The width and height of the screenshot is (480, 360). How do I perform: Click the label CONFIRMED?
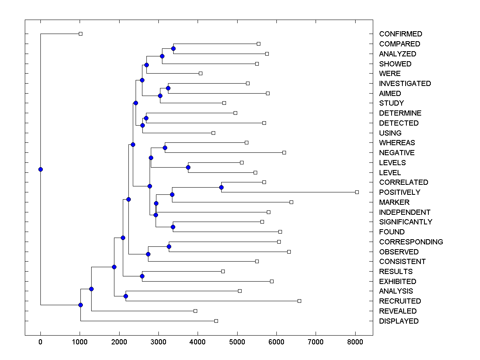point(400,34)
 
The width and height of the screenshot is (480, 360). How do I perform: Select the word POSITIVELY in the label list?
point(400,192)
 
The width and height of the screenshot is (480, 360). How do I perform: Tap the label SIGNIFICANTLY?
point(406,222)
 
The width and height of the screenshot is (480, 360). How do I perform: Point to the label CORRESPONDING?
point(411,242)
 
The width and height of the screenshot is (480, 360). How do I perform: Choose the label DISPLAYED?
point(399,321)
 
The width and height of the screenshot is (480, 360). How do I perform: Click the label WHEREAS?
point(397,143)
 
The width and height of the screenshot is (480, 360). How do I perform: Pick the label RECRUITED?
point(400,301)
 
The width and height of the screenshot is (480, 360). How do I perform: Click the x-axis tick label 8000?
point(355,342)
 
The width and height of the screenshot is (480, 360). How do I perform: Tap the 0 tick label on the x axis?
point(40,342)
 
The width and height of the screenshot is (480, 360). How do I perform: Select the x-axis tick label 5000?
point(237,342)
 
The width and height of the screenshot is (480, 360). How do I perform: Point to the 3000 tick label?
point(158,342)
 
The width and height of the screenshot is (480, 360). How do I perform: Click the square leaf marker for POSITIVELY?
point(357,192)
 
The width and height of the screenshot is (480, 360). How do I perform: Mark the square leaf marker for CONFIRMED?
point(80,34)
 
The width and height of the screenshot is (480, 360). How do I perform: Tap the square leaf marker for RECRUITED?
point(299,301)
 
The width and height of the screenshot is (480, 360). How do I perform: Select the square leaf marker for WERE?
point(200,73)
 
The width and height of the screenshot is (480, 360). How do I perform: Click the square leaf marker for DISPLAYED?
point(216,321)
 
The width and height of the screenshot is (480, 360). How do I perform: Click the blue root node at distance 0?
point(40,169)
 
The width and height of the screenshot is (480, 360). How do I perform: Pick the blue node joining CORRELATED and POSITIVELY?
point(221,187)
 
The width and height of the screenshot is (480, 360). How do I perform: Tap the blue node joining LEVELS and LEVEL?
point(188,167)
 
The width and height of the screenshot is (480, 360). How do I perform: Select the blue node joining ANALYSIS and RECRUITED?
point(126,296)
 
